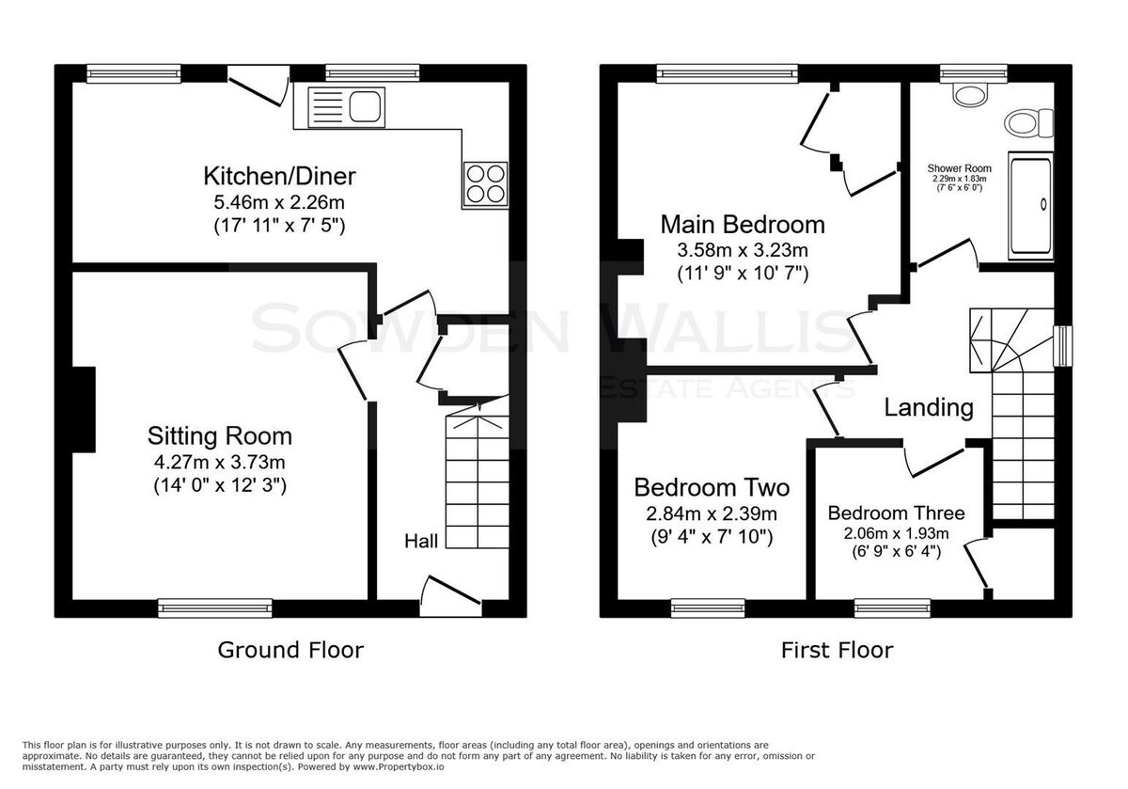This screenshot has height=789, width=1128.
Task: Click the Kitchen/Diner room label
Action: pos(279,177)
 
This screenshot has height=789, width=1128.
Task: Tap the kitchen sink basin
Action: pos(365,107)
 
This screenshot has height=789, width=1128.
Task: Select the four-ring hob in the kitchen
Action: pos(485,185)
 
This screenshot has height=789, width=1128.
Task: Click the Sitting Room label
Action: pos(220,436)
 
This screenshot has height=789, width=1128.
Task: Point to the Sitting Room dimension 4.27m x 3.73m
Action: pos(220,462)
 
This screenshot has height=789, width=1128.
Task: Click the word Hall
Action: pos(421,541)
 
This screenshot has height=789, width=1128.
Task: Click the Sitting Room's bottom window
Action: pos(215,608)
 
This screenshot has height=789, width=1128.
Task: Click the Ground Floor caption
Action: pos(290,650)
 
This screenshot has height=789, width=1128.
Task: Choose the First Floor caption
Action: pos(837,650)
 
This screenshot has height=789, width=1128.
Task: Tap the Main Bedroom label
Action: pos(743,225)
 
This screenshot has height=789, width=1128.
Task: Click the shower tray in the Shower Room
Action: pos(1030,206)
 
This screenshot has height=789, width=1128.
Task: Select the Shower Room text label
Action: pos(960,168)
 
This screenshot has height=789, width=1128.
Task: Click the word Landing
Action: pos(929,407)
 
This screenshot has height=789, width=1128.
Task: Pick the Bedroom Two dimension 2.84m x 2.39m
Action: pos(712,513)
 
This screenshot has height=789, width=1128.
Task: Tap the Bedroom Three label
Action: pos(897,513)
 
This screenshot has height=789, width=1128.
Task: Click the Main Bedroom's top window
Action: pos(728,73)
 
